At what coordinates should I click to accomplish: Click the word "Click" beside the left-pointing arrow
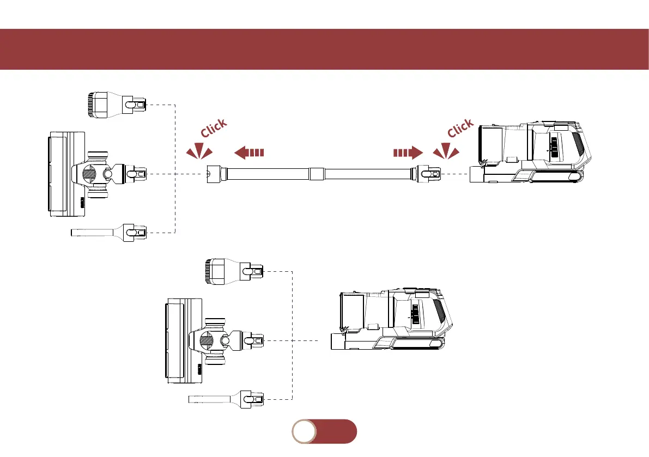pos(213,129)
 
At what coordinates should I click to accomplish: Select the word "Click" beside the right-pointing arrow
pos(460,129)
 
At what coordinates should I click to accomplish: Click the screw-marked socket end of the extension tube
pos(211,174)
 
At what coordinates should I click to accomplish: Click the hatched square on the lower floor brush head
pos(207,341)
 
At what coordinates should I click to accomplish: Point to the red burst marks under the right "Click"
pos(446,151)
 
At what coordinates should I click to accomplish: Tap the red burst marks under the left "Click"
pos(199,151)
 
